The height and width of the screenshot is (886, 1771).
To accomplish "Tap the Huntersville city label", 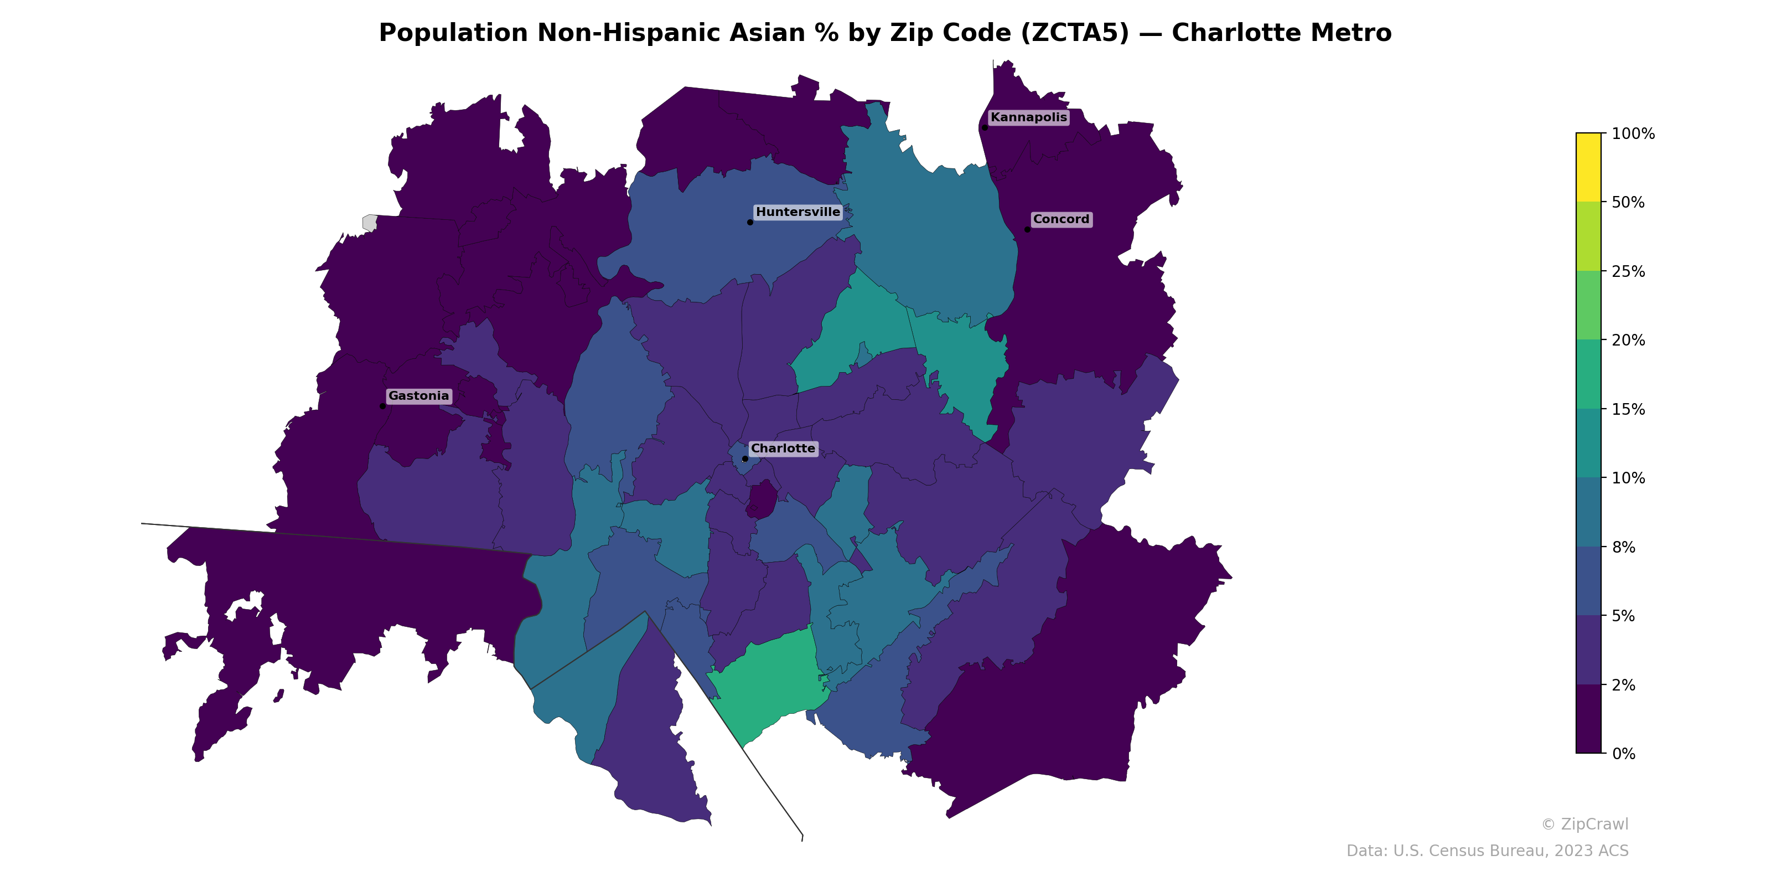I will click(x=798, y=212).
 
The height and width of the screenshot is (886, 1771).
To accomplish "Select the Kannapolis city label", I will click(x=1028, y=117).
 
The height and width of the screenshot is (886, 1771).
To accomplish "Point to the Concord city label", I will click(x=1061, y=219).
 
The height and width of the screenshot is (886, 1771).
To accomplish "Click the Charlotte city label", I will click(x=783, y=449).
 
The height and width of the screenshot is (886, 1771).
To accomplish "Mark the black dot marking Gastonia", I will click(x=382, y=406).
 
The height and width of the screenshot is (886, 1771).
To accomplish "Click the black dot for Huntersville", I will click(x=750, y=222).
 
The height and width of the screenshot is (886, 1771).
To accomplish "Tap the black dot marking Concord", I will click(x=1027, y=230).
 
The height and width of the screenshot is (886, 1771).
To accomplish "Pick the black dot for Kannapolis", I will click(x=985, y=127).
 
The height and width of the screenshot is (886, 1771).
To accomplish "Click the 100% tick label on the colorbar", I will click(x=1633, y=133).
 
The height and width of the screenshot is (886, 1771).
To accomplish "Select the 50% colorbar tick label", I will click(x=1628, y=202).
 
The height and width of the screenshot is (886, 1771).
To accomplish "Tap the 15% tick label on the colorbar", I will click(x=1628, y=409).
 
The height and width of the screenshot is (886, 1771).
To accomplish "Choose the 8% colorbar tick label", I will click(x=1624, y=548).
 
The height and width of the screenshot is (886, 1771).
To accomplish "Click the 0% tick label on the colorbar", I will click(x=1624, y=754).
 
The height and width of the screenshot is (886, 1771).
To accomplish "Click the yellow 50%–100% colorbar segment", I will click(x=1588, y=167).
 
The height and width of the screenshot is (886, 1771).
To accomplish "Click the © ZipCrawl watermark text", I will click(x=1584, y=824).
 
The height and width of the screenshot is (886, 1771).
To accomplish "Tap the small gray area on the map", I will click(x=370, y=222).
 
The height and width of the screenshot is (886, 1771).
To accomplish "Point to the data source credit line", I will click(x=1487, y=851).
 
